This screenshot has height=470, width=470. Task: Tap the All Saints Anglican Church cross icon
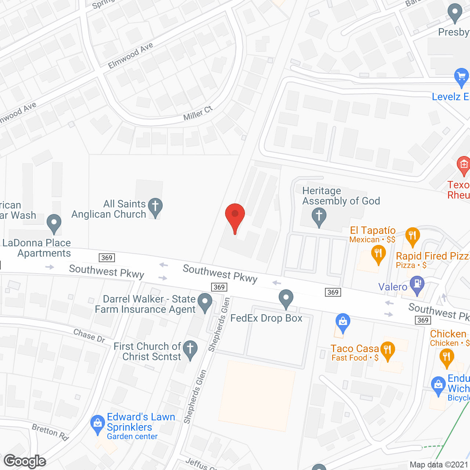pyautogui.click(x=155, y=207)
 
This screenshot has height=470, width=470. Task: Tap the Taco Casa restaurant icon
pyautogui.click(x=387, y=350)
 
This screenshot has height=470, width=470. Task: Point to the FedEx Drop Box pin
pyautogui.click(x=286, y=299)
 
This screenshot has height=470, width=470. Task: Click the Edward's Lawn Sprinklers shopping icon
pyautogui.click(x=97, y=424)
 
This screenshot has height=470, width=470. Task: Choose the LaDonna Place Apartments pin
pyautogui.click(x=54, y=223)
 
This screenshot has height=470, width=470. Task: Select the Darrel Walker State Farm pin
pyautogui.click(x=205, y=302)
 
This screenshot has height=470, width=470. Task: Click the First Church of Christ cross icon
pyautogui.click(x=190, y=349)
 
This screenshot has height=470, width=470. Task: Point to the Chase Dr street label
pyautogui.click(x=89, y=336)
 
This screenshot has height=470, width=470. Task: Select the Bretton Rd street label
pyautogui.click(x=50, y=431)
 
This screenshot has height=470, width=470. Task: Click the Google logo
pyautogui.click(x=25, y=461)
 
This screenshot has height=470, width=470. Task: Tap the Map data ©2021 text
pyautogui.click(x=439, y=464)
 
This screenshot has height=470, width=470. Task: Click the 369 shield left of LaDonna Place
pyautogui.click(x=107, y=258)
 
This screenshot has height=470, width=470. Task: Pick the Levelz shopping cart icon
pyautogui.click(x=462, y=77)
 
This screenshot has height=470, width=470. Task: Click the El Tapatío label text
pyautogui.click(x=373, y=230)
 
